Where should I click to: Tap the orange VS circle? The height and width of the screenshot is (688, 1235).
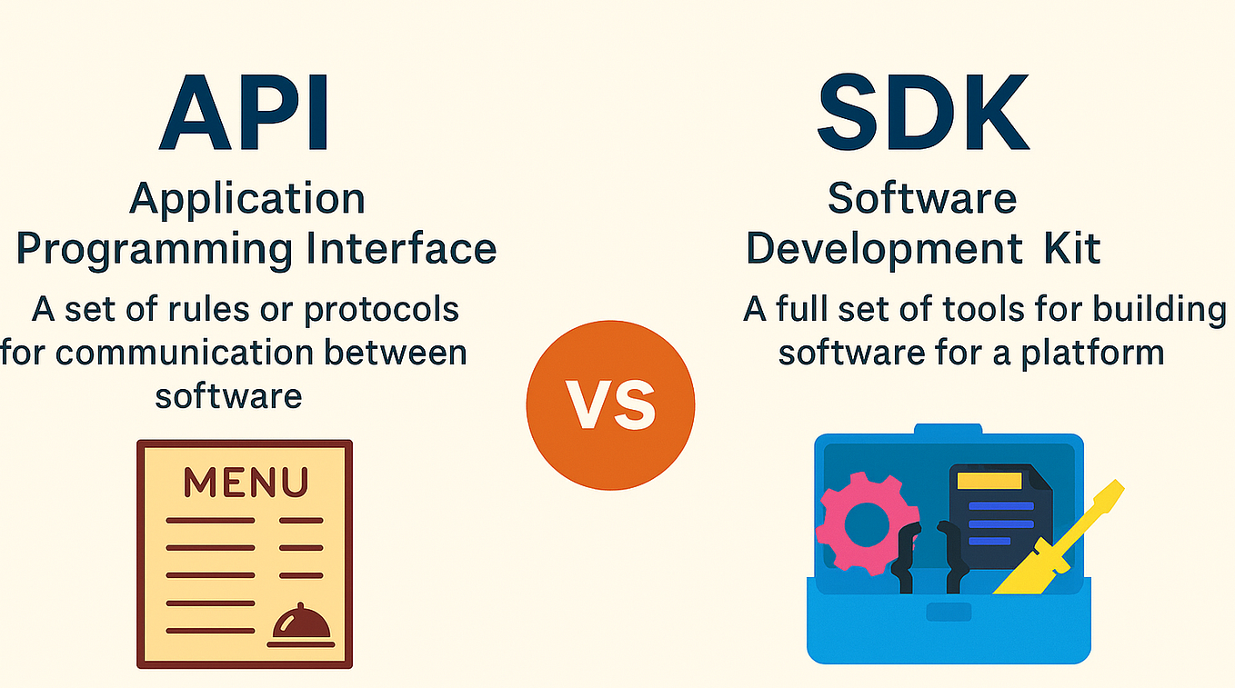(610, 404)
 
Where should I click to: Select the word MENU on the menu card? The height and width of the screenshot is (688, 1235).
(246, 482)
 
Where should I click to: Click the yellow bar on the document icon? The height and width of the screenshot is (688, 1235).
(989, 479)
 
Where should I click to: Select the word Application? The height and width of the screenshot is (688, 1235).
(247, 199)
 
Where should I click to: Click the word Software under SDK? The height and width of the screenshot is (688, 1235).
(922, 197)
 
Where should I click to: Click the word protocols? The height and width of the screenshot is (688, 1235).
(381, 310)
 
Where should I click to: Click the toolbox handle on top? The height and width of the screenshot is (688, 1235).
(948, 429)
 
